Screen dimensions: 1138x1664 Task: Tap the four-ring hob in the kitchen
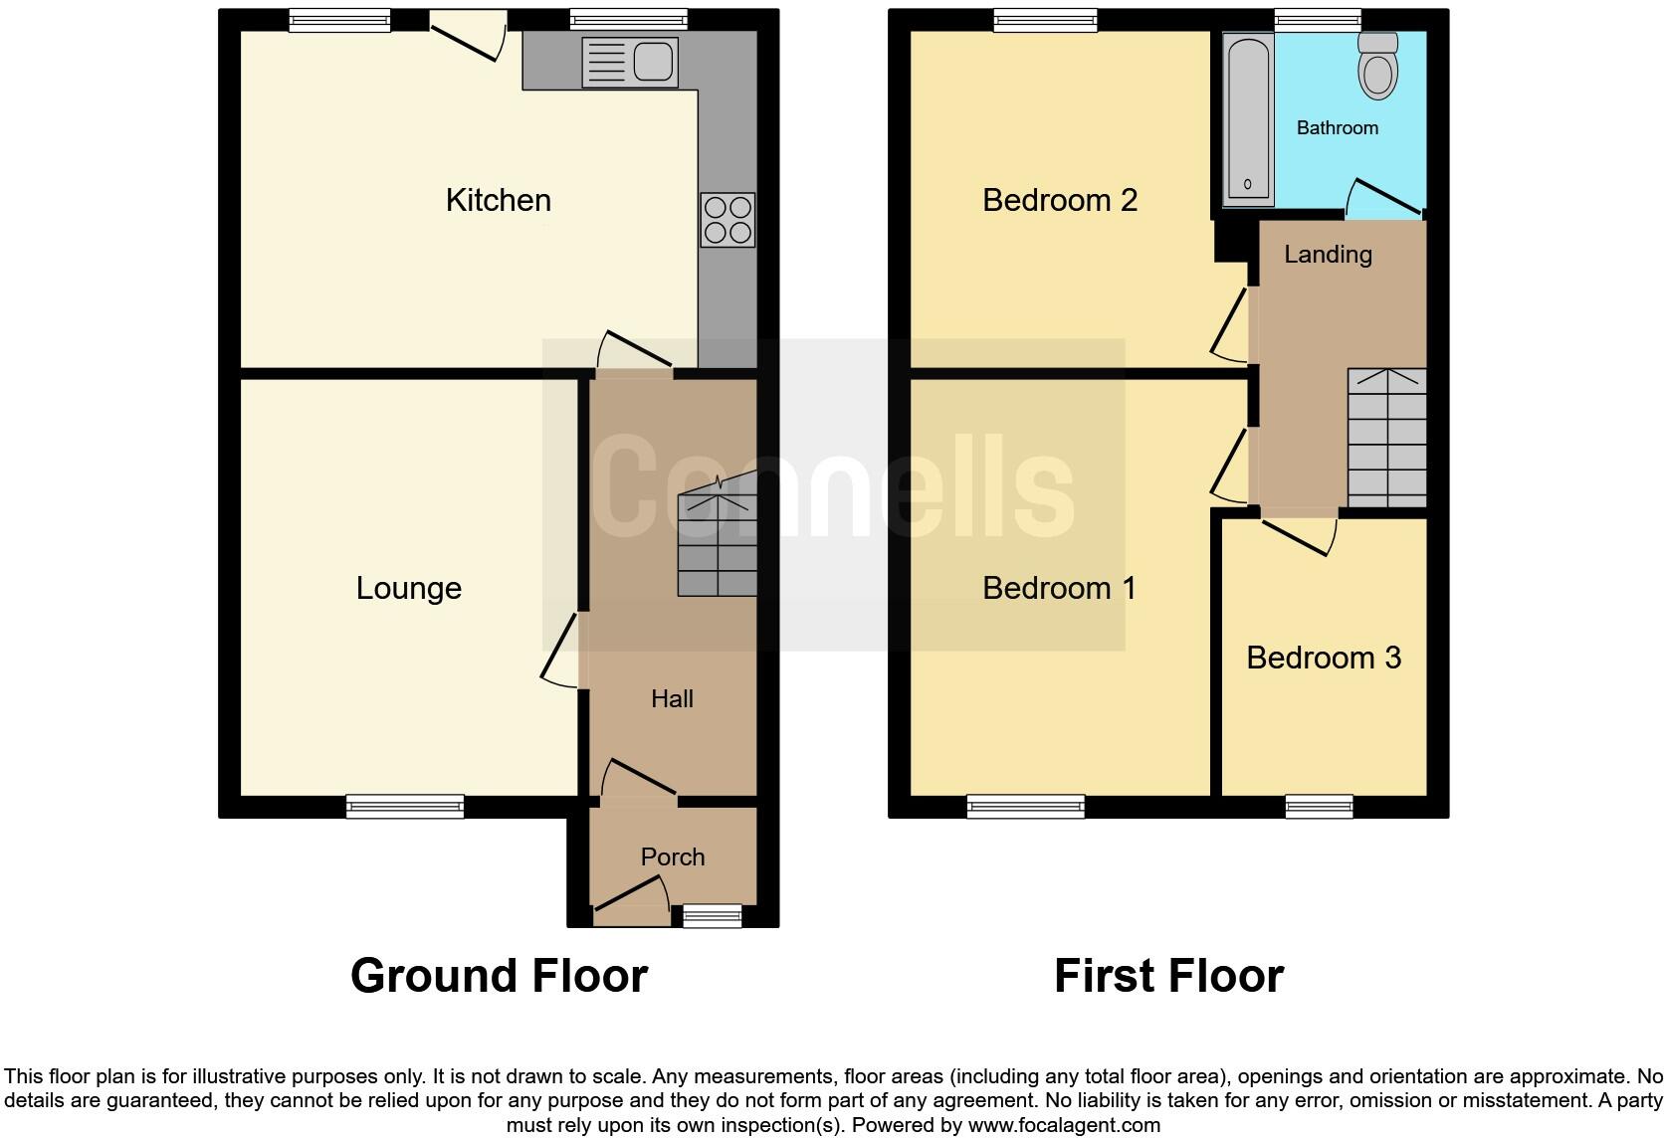click(x=728, y=220)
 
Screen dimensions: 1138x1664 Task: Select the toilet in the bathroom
click(x=1378, y=66)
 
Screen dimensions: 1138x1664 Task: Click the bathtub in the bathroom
click(x=1247, y=119)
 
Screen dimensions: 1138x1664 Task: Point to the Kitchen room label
click(x=498, y=200)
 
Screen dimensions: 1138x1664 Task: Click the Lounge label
click(x=408, y=588)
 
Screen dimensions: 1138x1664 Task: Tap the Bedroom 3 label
click(x=1323, y=658)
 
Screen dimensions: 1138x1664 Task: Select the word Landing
click(x=1328, y=255)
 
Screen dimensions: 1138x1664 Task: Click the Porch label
click(x=673, y=856)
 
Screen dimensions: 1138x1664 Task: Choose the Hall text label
click(x=672, y=699)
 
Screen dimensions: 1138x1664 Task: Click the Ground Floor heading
click(x=499, y=976)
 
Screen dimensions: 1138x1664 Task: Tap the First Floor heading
click(x=1168, y=976)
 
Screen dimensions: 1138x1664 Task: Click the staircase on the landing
click(x=1386, y=438)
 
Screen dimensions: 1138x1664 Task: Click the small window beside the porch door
click(x=713, y=915)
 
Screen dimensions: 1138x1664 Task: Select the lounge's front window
click(x=405, y=806)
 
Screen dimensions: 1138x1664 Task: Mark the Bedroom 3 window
click(x=1319, y=806)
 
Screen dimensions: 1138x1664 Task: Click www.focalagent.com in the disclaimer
click(x=1064, y=1125)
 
